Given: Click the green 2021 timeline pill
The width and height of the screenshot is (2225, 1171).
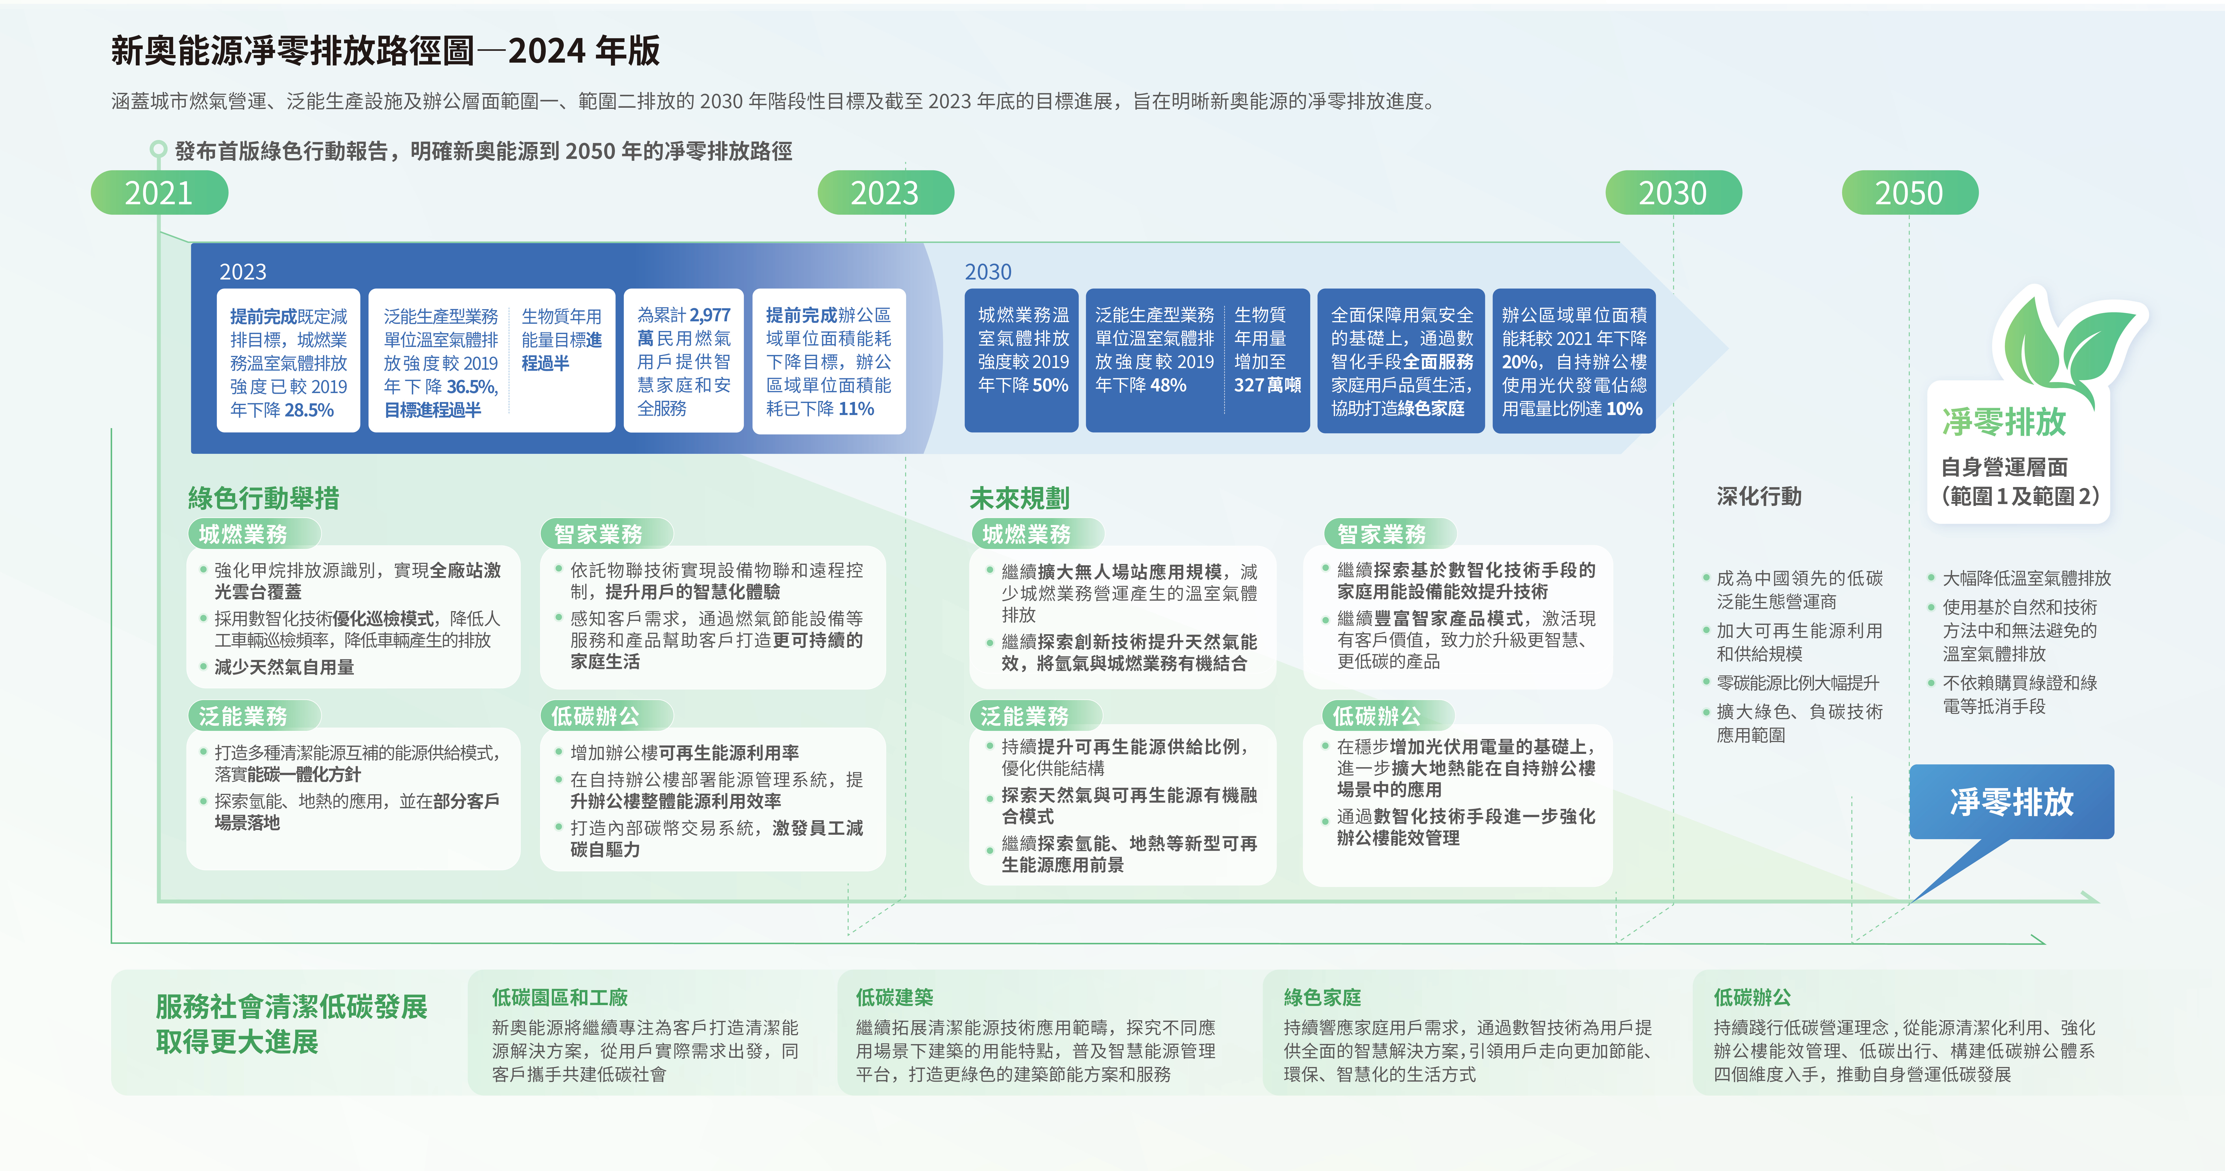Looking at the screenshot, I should tap(159, 193).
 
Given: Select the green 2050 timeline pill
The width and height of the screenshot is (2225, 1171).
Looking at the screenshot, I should tap(1909, 193).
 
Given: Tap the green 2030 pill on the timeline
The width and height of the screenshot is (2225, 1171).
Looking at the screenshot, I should tap(1673, 193).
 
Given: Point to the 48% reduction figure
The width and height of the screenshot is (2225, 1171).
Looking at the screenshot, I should tap(1167, 385).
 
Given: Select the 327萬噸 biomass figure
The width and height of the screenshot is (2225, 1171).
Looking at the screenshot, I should tap(1267, 385).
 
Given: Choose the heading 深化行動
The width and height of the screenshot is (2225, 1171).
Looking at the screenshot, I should tap(1758, 497).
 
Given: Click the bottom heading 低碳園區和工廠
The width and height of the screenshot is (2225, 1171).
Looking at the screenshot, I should tap(560, 997).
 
